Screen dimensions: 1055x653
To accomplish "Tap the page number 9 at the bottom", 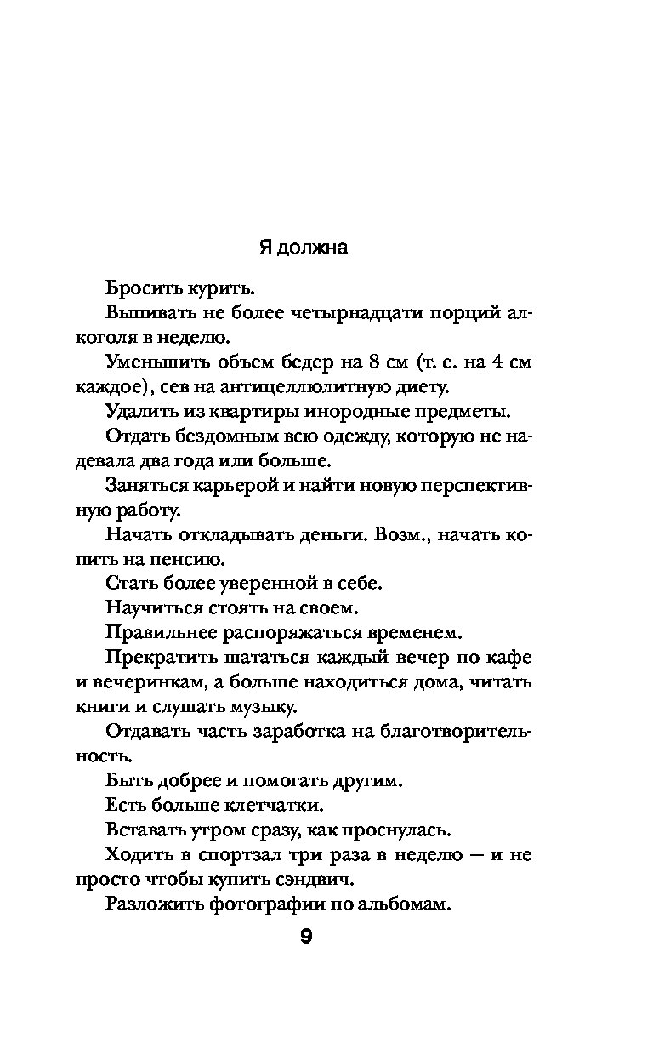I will [x=307, y=938].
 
